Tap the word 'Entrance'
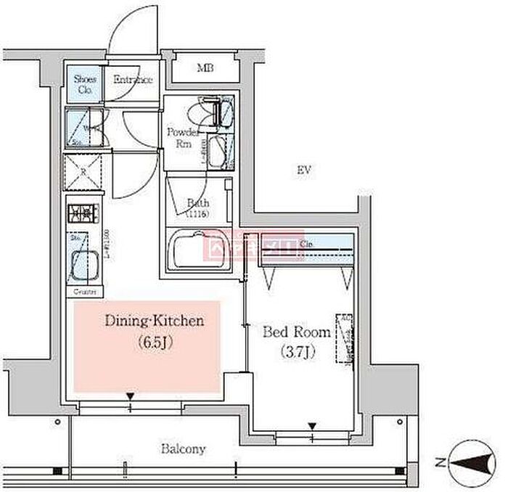click(132, 80)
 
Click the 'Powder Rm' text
click(183, 137)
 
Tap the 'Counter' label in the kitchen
click(83, 291)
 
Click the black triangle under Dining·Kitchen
click(130, 395)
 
